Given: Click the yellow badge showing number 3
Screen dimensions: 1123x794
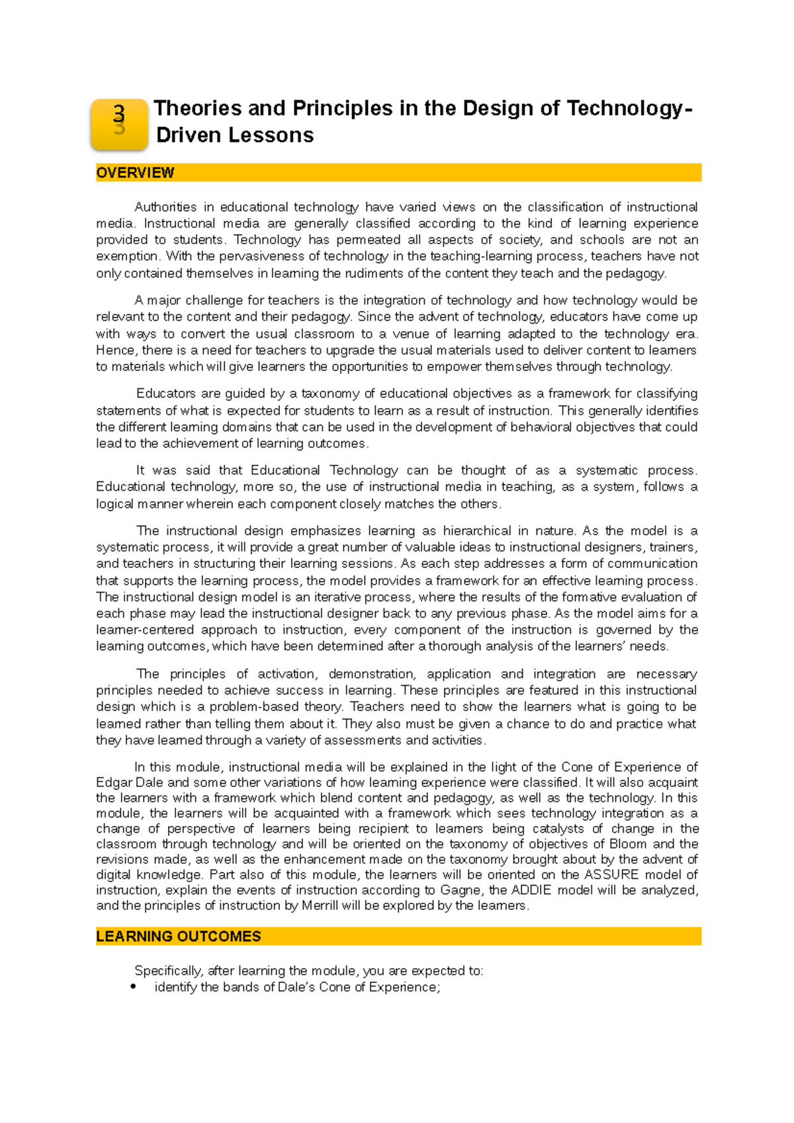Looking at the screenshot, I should (x=119, y=124).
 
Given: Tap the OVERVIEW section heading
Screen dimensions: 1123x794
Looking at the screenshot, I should (x=135, y=173).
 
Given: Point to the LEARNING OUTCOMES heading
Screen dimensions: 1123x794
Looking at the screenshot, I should (x=179, y=936).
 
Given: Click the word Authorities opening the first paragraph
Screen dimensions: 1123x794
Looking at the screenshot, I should (x=165, y=207).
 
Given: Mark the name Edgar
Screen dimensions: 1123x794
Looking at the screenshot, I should (x=113, y=783).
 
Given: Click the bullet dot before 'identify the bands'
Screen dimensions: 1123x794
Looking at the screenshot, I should (x=134, y=987).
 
